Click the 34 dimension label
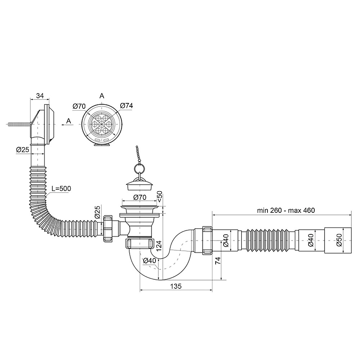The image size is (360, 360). (x=40, y=95)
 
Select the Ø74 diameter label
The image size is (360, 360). (x=126, y=105)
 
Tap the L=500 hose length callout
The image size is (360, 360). (x=61, y=189)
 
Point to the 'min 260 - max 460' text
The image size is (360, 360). (x=286, y=210)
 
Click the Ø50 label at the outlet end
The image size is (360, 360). (x=339, y=240)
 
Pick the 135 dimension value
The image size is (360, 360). (x=176, y=286)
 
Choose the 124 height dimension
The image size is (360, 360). (x=159, y=246)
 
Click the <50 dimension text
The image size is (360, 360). (x=159, y=196)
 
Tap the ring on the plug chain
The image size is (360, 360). (x=139, y=168)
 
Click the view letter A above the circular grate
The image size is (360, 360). (x=102, y=96)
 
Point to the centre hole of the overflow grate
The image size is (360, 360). (x=102, y=124)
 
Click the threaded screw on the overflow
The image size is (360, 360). (x=19, y=124)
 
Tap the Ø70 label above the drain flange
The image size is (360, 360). (x=140, y=197)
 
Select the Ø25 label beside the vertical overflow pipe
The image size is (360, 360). (x=23, y=150)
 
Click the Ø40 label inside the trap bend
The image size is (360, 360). (x=149, y=261)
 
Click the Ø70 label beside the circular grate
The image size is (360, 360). (x=79, y=106)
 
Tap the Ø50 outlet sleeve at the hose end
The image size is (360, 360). (x=338, y=240)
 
